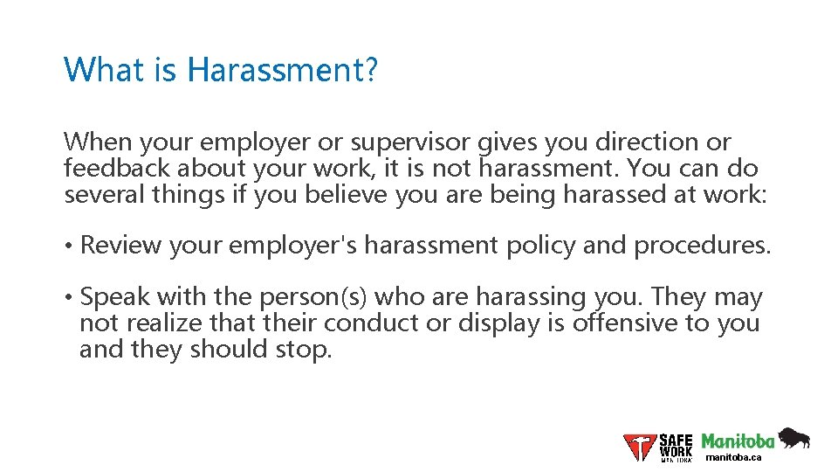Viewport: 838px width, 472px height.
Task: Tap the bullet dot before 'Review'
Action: pos(69,246)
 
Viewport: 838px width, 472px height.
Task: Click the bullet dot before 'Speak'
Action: pos(69,298)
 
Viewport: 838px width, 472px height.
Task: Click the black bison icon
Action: pos(793,437)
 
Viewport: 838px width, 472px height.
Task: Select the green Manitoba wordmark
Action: pos(738,441)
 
